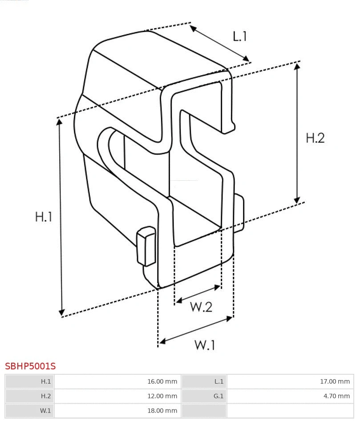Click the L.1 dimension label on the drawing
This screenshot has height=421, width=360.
(x=240, y=36)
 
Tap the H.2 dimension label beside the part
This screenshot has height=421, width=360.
(x=315, y=138)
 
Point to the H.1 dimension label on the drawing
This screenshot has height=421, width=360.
(x=44, y=216)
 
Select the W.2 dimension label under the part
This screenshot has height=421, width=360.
(x=201, y=307)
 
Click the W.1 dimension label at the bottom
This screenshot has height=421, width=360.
(x=205, y=345)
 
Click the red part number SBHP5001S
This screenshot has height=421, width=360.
(x=30, y=366)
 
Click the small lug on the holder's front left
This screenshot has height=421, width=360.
(x=146, y=246)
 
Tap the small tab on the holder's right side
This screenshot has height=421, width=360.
(x=239, y=213)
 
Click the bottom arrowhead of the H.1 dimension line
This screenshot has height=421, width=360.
(x=62, y=312)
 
